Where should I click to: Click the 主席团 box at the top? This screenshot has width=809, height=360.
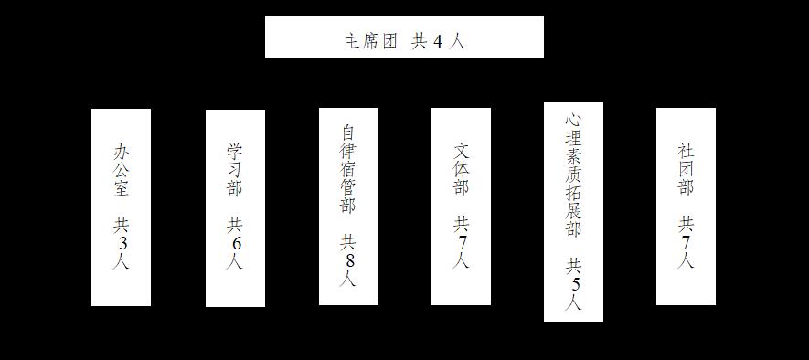pos(404,37)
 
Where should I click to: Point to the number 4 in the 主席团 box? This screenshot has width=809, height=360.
pos(438,42)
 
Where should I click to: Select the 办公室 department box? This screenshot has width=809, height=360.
pos(122,206)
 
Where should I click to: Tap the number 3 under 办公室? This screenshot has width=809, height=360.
pos(122,243)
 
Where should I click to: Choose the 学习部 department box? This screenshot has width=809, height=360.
pos(235,207)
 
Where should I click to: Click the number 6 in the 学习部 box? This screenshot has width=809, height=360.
pos(235,243)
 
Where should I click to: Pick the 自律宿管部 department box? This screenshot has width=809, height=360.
pos(349,206)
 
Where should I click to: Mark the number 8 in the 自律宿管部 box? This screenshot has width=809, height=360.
pos(349,261)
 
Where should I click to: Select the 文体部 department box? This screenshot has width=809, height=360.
pos(462,206)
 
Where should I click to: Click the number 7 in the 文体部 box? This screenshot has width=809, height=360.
pos(462,242)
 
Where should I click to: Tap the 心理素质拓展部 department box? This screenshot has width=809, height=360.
pos(573,211)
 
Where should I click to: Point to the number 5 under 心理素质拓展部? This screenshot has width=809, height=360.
pos(574,284)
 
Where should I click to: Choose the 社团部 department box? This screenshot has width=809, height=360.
pos(686,206)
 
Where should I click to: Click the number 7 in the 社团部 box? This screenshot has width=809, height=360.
pos(686,242)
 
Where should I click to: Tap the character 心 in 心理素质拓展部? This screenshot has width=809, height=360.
pos(573,120)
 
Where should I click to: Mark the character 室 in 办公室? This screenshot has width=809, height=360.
pos(122,188)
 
